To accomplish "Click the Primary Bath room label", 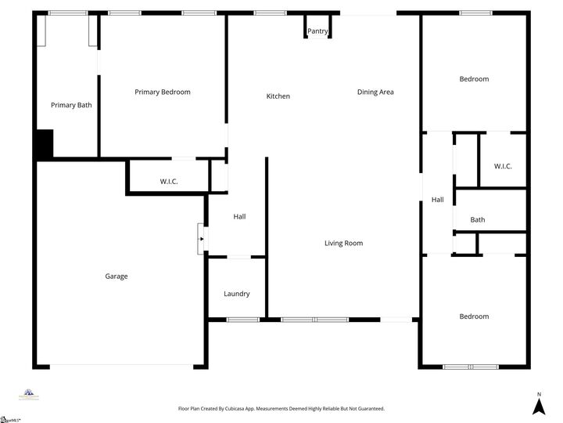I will [71, 105].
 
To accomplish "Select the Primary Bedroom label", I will [163, 92].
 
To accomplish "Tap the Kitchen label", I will [278, 96].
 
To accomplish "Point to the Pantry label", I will [317, 31].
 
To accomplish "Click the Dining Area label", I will [375, 92].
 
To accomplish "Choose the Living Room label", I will [344, 244].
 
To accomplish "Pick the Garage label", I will [117, 277].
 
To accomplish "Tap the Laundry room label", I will [237, 295].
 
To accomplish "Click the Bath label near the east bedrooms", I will [478, 220].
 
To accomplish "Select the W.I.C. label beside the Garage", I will [169, 182].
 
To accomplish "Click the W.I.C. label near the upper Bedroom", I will [503, 166].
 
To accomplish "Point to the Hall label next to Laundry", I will [240, 217].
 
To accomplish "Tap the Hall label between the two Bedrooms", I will [438, 201].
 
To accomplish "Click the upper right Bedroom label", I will [474, 79].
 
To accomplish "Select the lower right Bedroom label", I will [474, 316].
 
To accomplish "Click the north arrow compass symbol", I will [538, 405].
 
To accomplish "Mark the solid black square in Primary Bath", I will [43, 144].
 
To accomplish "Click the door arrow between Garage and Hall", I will [201, 239].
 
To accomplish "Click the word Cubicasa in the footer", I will [249, 409].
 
